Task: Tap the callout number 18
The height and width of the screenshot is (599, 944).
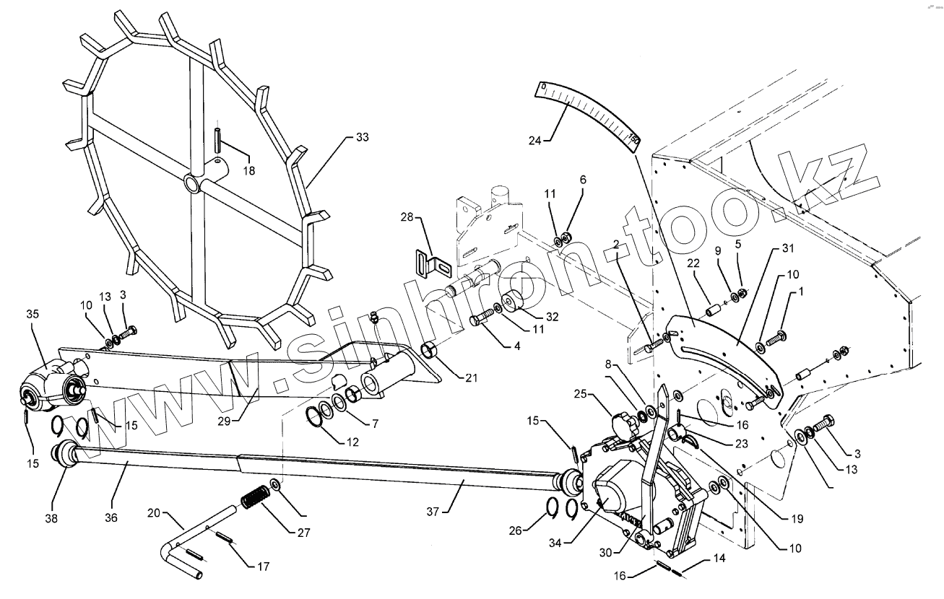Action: coord(249,170)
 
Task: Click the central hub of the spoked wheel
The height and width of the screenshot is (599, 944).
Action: coord(193,183)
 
